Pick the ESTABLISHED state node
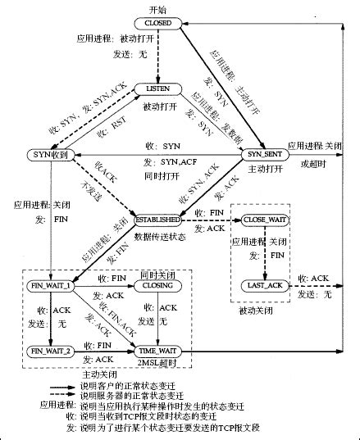point(157,220)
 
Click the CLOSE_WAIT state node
point(265,220)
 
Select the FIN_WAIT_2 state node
point(49,351)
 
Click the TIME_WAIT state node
point(157,351)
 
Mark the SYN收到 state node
point(49,154)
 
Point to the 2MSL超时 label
point(157,363)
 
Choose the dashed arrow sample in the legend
point(71,395)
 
